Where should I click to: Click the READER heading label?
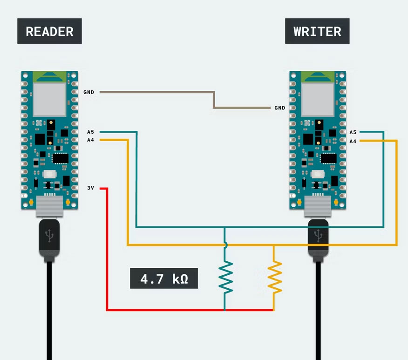click(x=49, y=31)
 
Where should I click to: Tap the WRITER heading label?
click(x=317, y=31)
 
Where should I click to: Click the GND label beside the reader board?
click(x=89, y=92)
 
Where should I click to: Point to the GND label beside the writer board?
click(x=279, y=108)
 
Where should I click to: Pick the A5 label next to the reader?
click(x=90, y=132)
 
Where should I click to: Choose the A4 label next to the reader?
click(x=90, y=140)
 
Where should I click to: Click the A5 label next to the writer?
click(x=353, y=132)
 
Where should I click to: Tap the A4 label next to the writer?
click(x=353, y=141)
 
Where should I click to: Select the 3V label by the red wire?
click(x=91, y=188)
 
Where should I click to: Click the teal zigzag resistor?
click(x=225, y=278)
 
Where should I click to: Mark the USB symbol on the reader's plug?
click(x=49, y=236)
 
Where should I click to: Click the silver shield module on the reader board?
click(x=49, y=98)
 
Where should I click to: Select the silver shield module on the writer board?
click(x=318, y=98)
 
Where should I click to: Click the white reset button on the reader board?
click(x=49, y=174)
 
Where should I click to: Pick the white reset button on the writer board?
click(x=318, y=174)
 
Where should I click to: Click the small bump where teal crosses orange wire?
click(x=225, y=245)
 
